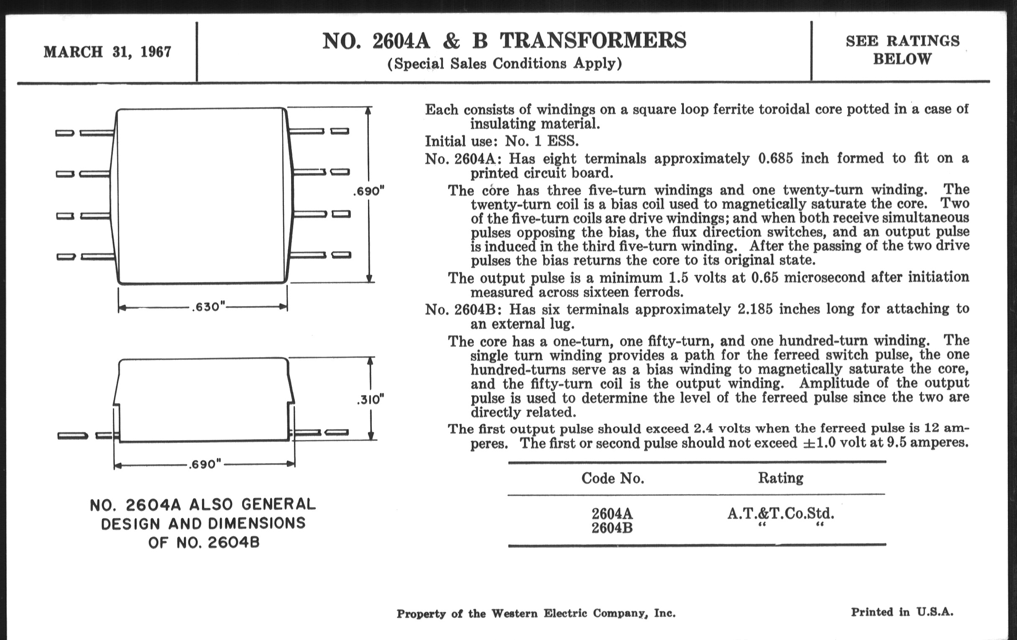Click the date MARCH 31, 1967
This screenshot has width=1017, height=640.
[107, 52]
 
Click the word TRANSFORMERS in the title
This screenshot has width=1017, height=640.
[593, 41]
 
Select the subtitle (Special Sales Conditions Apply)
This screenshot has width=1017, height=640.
[505, 63]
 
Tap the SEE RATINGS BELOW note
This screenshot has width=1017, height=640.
[902, 50]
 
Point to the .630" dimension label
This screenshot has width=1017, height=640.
[209, 307]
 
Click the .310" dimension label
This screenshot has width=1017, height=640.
[371, 399]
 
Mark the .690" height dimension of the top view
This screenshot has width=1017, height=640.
[369, 191]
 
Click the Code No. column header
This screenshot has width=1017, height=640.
[612, 478]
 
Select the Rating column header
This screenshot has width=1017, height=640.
[780, 478]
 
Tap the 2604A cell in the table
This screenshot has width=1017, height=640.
[612, 514]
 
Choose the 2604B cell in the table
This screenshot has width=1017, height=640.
[612, 528]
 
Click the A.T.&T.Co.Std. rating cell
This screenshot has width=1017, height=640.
[780, 514]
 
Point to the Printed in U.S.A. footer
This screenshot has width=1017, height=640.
[902, 612]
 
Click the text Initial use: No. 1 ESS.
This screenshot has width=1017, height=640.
[502, 141]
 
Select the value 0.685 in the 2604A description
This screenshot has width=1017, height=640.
[775, 159]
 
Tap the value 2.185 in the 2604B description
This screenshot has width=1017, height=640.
[755, 309]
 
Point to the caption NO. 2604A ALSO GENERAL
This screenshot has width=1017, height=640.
[203, 505]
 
